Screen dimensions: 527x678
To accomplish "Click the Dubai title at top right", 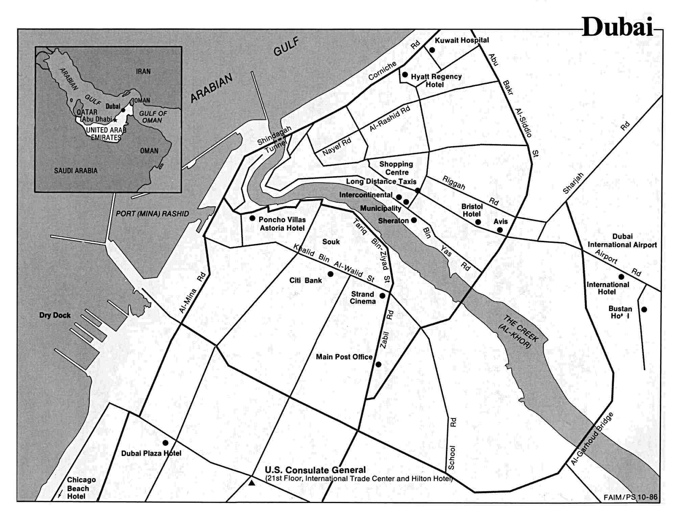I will point(617,27).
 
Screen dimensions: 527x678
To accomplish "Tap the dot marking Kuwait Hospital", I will point(432,50).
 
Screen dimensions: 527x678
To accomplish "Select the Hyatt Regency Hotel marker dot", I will point(405,74).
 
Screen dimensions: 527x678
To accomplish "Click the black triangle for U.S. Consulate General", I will point(252,483).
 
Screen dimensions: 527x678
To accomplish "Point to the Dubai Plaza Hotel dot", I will point(165,443).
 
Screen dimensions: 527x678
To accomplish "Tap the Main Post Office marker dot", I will point(378,364).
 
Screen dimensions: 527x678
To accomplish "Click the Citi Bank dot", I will point(330,274).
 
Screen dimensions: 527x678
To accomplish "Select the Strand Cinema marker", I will point(382,296).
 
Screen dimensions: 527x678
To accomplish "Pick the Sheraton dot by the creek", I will point(414,220).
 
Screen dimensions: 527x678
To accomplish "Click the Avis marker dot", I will point(500,230).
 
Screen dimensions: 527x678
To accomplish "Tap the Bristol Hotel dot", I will point(478,222).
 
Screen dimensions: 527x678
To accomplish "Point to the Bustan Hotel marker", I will point(644,309).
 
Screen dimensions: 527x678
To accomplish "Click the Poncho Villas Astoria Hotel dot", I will point(252,218).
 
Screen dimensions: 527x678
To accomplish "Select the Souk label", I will point(331,242).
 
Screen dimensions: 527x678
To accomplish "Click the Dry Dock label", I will point(55,315).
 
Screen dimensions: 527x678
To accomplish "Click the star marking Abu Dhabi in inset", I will point(115,120).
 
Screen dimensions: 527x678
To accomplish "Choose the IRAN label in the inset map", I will point(143,72).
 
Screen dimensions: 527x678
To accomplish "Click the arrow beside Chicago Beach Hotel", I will point(60,494).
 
